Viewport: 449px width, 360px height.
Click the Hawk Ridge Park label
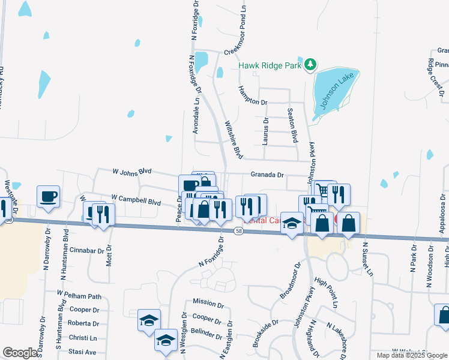click(270, 66)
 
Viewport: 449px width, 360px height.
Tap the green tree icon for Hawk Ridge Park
click(310, 64)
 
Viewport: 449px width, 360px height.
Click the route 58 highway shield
click(239, 231)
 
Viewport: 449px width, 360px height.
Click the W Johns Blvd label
click(132, 171)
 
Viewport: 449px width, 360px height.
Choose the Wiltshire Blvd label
click(234, 140)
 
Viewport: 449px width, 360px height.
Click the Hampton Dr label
click(253, 95)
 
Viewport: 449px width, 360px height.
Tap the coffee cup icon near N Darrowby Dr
click(48, 196)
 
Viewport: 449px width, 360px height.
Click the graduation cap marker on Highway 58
click(292, 224)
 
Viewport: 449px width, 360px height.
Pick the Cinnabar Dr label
click(88, 249)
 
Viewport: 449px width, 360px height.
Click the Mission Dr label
click(208, 302)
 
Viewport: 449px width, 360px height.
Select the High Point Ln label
click(327, 290)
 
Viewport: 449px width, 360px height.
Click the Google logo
click(20, 353)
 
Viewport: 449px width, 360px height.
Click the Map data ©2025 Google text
click(412, 355)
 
